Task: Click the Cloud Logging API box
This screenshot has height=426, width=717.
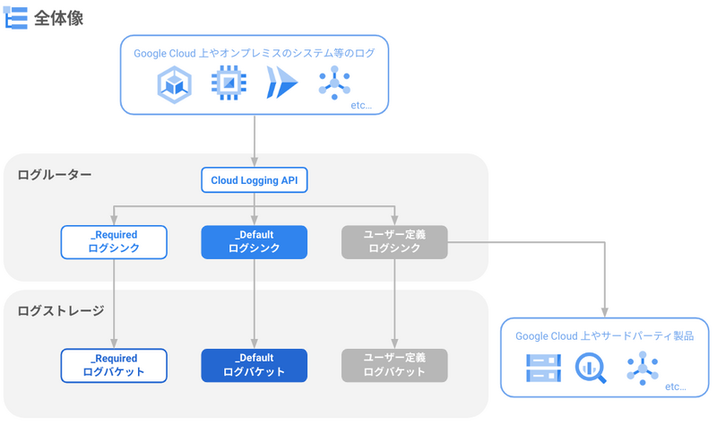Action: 255,180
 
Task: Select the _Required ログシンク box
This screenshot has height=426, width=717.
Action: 114,242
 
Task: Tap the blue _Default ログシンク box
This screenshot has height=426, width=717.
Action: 255,242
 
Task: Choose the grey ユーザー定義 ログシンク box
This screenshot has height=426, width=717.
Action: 394,242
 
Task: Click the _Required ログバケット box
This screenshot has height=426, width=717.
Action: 114,366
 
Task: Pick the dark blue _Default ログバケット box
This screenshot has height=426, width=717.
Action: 255,366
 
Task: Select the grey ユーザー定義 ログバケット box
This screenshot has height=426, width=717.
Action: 394,366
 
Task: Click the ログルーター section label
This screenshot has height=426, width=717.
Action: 55,175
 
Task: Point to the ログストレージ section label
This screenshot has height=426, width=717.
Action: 61,310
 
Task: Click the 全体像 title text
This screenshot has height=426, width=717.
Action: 58,18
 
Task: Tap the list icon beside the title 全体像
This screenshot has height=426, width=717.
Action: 15,18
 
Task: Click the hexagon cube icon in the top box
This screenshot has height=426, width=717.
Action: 174,84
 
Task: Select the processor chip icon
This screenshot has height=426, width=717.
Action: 229,83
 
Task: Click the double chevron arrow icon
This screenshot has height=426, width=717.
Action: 281,83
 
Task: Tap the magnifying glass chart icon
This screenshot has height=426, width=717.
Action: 591,368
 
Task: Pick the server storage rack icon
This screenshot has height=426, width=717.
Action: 543,368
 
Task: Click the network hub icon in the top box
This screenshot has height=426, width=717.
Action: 334,83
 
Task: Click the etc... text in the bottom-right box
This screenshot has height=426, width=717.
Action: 676,387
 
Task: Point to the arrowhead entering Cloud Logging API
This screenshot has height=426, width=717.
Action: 255,162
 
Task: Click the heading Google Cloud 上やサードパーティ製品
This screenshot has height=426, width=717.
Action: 604,335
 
